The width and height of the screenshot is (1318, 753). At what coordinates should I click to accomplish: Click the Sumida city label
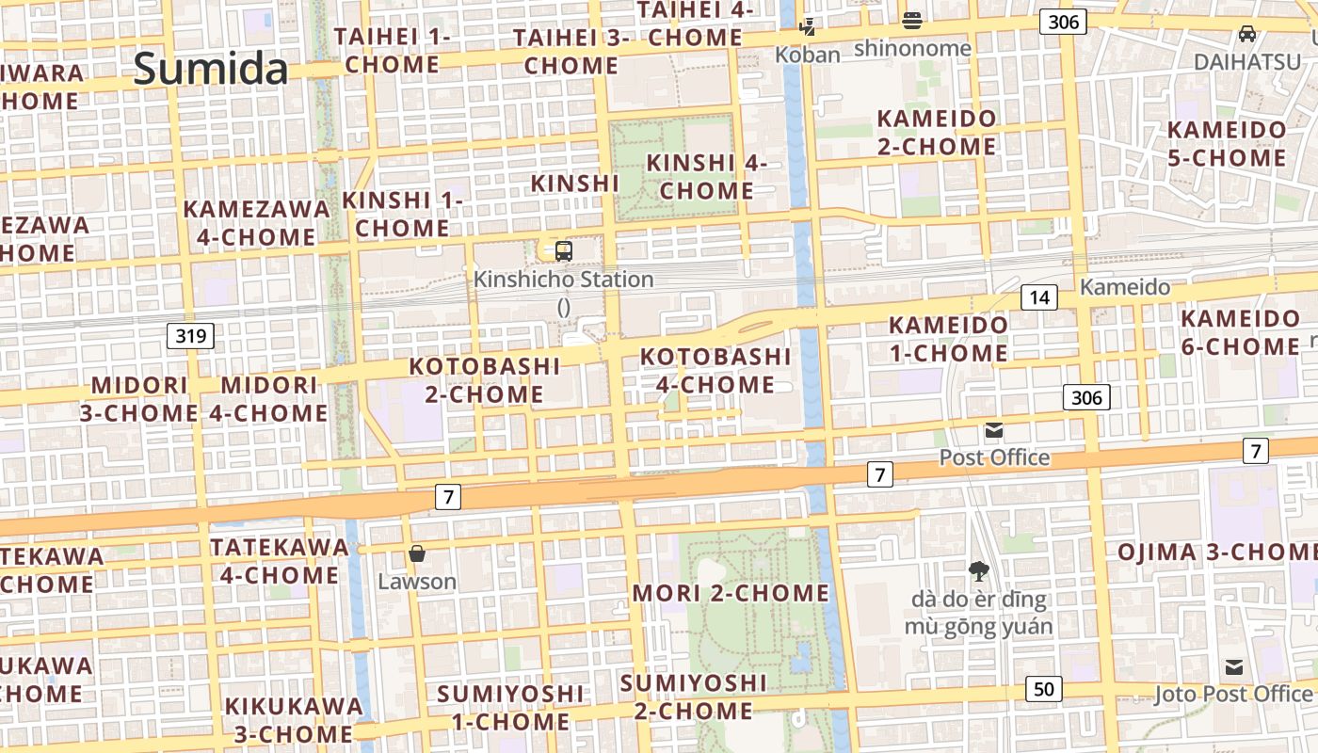click(210, 69)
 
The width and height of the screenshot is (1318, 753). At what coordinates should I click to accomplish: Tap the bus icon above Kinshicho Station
click(563, 251)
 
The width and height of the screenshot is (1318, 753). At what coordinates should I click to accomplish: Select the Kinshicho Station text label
click(563, 280)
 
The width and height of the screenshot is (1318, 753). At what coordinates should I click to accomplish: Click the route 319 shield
click(190, 335)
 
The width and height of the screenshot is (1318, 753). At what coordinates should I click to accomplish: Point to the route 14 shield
click(1038, 298)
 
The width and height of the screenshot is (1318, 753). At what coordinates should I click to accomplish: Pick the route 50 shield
click(1043, 689)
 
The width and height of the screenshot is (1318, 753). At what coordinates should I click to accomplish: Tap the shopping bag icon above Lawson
click(417, 553)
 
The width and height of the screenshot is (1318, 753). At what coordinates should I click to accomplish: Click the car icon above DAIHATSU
click(1246, 34)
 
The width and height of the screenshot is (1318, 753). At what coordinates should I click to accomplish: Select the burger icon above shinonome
click(911, 20)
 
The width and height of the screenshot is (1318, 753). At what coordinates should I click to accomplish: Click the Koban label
click(807, 55)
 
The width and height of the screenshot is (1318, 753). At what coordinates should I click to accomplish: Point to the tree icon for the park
click(978, 570)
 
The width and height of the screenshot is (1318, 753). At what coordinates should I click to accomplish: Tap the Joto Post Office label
click(1232, 695)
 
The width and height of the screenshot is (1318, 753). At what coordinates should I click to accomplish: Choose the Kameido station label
click(1125, 287)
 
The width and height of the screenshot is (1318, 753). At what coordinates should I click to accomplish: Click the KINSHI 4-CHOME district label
click(707, 177)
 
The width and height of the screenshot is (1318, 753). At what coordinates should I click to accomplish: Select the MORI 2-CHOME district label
click(731, 593)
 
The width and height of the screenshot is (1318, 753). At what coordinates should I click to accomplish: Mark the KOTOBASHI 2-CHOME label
click(485, 380)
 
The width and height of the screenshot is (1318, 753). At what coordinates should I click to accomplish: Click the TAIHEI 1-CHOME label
click(392, 51)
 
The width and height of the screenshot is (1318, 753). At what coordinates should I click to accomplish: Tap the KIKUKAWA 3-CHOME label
click(293, 719)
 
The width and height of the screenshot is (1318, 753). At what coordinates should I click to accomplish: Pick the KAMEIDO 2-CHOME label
click(936, 133)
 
